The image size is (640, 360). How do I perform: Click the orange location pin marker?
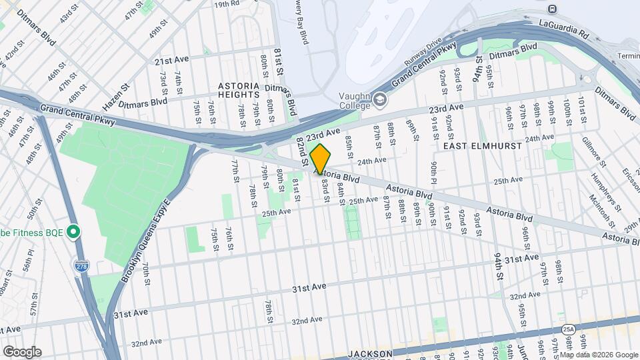click(x=321, y=159)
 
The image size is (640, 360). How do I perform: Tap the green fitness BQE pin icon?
click(x=74, y=233)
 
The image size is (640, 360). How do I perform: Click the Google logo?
click(x=21, y=352)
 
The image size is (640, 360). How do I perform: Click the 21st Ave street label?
click(x=171, y=61)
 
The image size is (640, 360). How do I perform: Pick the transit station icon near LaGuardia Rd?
click(x=552, y=9)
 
